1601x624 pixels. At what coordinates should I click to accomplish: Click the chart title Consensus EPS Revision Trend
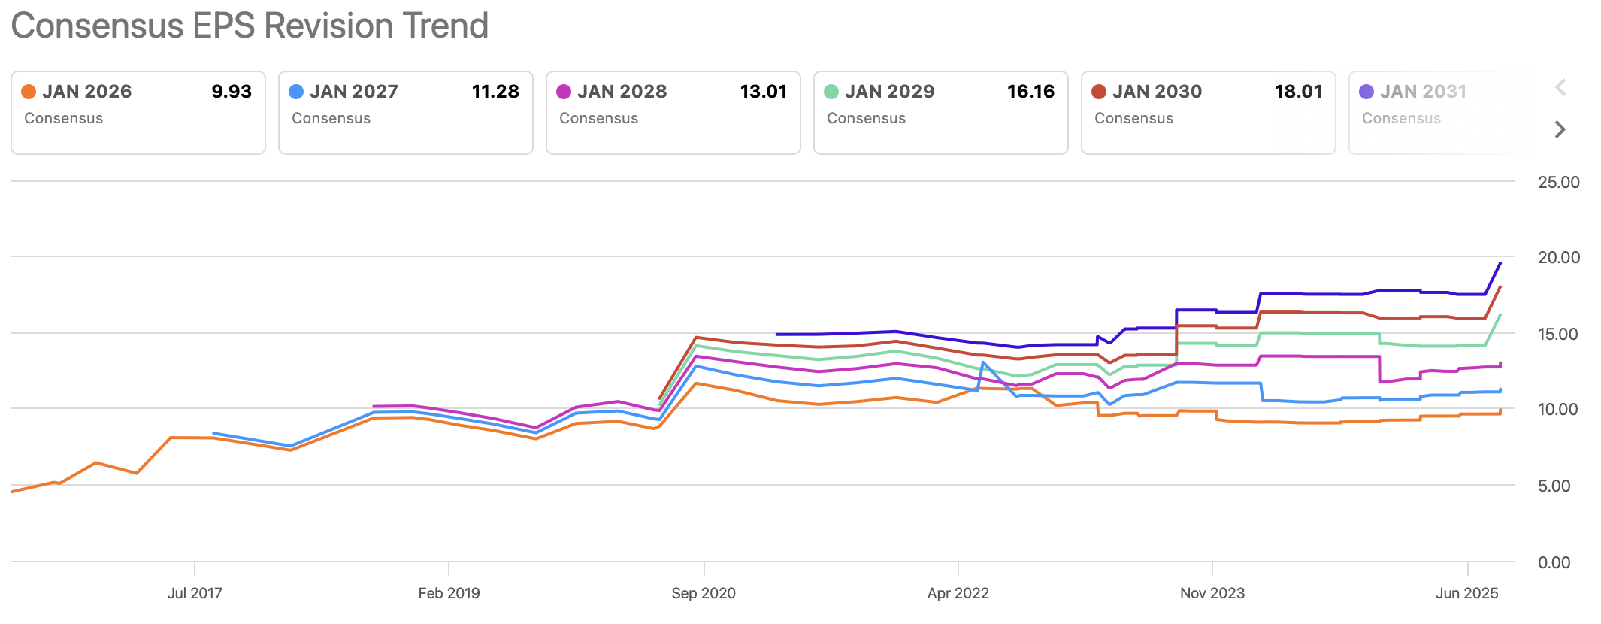[250, 26]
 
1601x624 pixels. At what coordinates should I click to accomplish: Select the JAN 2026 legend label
[86, 92]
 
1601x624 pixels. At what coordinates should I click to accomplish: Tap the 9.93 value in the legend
[232, 92]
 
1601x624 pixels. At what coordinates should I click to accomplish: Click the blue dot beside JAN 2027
[296, 92]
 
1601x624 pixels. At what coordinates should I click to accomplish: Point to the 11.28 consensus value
[495, 92]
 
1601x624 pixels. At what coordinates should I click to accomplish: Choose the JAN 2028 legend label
[622, 92]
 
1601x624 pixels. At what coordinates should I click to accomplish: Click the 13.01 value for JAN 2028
[763, 92]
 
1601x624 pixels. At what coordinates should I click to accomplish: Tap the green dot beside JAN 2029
[831, 92]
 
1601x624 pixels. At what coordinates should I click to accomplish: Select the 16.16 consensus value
[1031, 92]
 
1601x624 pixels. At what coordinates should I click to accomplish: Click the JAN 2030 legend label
[1157, 92]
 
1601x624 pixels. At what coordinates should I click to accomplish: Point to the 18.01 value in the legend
[1298, 92]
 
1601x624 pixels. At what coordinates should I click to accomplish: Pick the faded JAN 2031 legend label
[1423, 92]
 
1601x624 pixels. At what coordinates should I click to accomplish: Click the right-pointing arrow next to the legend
[1560, 129]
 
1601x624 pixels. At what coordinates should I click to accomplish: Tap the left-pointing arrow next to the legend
[1560, 87]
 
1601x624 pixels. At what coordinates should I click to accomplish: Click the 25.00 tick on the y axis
[1558, 182]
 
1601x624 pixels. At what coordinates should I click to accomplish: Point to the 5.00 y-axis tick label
[1554, 486]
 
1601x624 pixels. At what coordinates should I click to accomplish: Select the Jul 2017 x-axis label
[195, 593]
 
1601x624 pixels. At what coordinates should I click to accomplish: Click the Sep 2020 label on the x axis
[704, 593]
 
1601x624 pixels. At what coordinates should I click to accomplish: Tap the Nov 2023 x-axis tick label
[1212, 593]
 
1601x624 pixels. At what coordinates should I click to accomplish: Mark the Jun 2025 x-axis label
[1466, 593]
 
